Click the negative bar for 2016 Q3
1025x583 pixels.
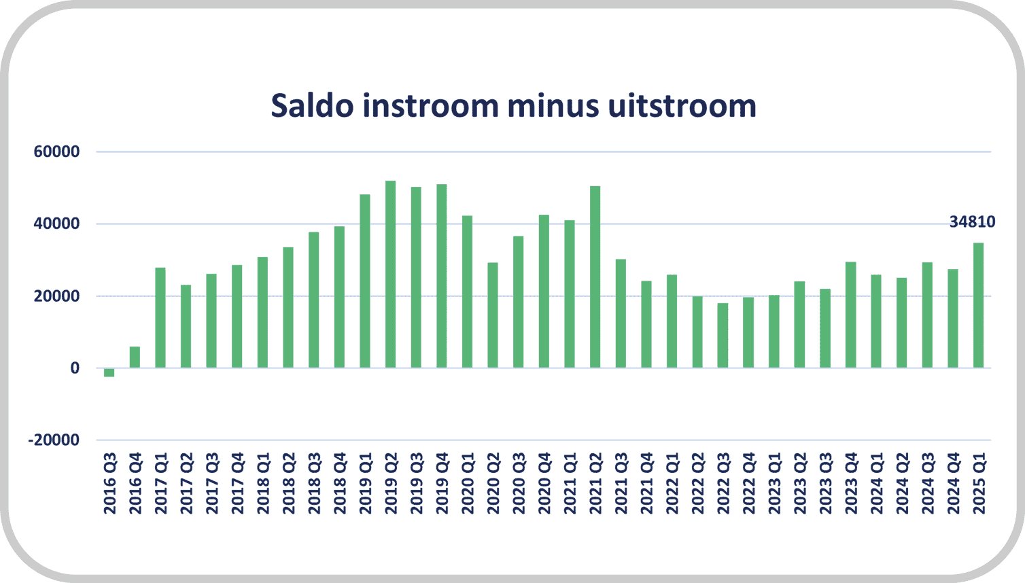[x=109, y=372]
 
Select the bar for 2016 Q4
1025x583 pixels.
[x=135, y=357]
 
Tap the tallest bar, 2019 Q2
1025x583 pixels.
[x=390, y=275]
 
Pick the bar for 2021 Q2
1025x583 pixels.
[x=595, y=277]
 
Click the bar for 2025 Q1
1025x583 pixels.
[x=978, y=305]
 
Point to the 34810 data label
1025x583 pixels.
[x=973, y=222]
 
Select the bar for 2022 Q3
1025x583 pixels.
[x=723, y=336]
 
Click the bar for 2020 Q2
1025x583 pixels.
[x=493, y=315]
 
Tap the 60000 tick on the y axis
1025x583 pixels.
[x=56, y=152]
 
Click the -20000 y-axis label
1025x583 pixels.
[x=54, y=440]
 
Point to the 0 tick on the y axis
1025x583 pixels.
[x=75, y=368]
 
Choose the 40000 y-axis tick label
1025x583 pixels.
[x=56, y=224]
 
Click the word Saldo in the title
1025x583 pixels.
[x=312, y=105]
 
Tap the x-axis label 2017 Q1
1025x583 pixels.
[x=160, y=483]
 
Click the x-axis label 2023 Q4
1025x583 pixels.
[x=851, y=483]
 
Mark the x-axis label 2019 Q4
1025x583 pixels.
[x=442, y=483]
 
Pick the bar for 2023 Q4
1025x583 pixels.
[x=851, y=315]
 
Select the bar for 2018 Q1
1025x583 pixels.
[x=262, y=313]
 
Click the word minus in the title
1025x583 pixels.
[x=553, y=105]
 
